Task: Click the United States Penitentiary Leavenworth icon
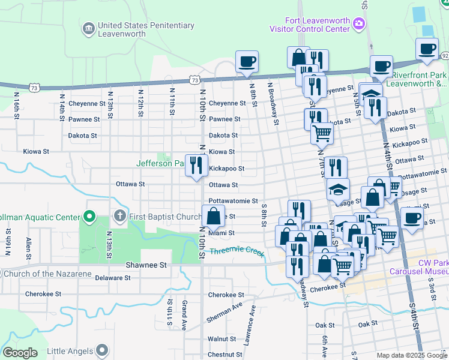coord(88,28)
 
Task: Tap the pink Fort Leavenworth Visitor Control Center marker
coord(359,23)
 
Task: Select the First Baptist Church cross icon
coord(119,216)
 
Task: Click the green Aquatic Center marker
coord(89,216)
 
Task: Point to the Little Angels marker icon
coord(101,350)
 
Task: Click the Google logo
coord(20,353)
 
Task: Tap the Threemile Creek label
coord(237,250)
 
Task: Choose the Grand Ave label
coord(185,310)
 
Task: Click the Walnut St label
coord(221,339)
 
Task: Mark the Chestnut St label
coord(224,355)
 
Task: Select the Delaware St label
coord(112,278)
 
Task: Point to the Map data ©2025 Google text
coord(411,355)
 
